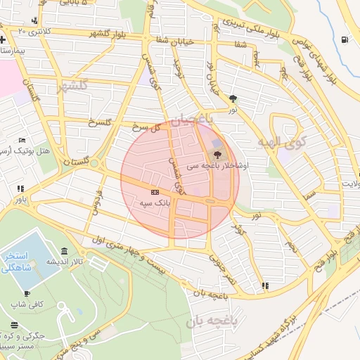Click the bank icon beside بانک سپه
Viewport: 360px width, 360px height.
[155, 192]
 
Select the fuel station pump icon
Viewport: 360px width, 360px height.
[344, 40]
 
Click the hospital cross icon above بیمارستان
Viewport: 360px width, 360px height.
[4, 39]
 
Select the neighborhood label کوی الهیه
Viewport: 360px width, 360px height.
[282, 143]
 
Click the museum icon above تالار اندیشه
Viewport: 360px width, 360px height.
[64, 251]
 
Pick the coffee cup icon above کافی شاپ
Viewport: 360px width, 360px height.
[27, 294]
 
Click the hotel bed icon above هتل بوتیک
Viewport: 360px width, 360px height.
[22, 141]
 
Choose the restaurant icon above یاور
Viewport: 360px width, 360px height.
[20, 188]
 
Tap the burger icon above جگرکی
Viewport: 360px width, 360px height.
[15, 325]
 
